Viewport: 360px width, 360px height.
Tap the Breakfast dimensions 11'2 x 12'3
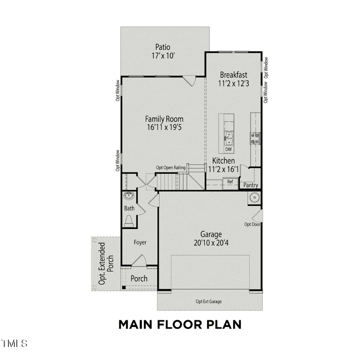pos(234,83)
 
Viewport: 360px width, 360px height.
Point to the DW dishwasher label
pos(228,149)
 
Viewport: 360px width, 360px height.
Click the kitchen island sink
pos(228,136)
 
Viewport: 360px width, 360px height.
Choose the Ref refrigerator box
pos(230,182)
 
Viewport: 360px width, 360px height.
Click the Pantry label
pos(250,185)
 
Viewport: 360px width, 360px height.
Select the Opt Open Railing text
pos(171,168)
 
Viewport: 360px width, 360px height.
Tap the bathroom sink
pos(129,195)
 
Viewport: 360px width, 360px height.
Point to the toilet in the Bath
pos(129,220)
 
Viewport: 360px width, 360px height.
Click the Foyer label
pos(140,243)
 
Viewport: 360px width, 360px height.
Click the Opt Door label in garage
pos(252,224)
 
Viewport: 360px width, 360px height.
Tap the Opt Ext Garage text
pos(208,301)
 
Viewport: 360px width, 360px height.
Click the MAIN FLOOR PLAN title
pos(180,324)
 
